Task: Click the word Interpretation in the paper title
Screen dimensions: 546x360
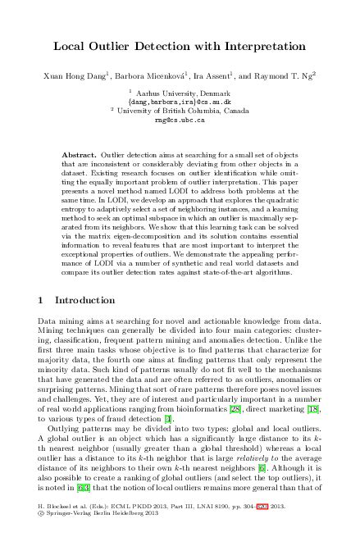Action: [262, 48]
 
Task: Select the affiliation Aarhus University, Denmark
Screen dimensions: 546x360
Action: [181, 94]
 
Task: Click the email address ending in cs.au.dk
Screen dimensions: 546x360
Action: [180, 102]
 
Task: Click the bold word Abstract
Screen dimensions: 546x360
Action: [80, 155]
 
